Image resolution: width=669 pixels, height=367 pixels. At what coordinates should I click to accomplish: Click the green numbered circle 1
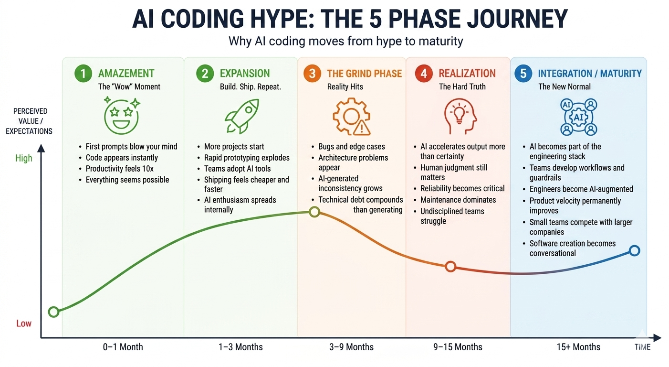pyautogui.click(x=84, y=73)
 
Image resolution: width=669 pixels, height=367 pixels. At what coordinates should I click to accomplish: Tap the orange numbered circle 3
pyautogui.click(x=312, y=73)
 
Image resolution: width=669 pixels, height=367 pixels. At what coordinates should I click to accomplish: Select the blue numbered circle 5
pyautogui.click(x=523, y=73)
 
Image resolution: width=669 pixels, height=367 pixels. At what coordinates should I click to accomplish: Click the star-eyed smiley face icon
pyautogui.click(x=122, y=116)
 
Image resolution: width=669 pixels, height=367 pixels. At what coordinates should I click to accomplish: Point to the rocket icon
pyautogui.click(x=242, y=116)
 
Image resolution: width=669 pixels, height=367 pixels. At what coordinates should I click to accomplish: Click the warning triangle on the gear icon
pyautogui.click(x=362, y=128)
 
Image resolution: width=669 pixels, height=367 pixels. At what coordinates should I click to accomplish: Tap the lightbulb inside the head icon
pyautogui.click(x=459, y=114)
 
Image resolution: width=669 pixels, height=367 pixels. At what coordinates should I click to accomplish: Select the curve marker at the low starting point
pyautogui.click(x=54, y=312)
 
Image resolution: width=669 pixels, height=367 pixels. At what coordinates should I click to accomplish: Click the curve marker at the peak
pyautogui.click(x=314, y=212)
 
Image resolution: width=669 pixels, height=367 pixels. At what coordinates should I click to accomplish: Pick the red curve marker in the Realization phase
pyautogui.click(x=450, y=266)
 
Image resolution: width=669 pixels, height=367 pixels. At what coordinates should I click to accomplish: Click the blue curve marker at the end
pyautogui.click(x=635, y=250)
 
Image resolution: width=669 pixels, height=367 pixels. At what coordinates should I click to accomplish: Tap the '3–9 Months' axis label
pyautogui.click(x=351, y=347)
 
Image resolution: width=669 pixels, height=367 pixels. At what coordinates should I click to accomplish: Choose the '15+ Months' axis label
pyautogui.click(x=578, y=347)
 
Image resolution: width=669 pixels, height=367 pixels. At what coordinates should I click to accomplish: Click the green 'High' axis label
pyautogui.click(x=23, y=158)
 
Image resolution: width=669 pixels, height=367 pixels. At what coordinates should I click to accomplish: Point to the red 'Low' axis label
pyautogui.click(x=23, y=324)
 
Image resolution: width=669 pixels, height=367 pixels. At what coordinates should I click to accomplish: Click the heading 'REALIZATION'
pyautogui.click(x=467, y=73)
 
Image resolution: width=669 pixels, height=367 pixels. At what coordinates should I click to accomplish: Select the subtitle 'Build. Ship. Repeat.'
pyautogui.click(x=250, y=87)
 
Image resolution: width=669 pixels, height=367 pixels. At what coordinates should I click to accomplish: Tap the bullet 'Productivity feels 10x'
pyautogui.click(x=119, y=169)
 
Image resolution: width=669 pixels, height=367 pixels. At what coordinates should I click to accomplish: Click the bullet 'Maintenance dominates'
pyautogui.click(x=458, y=200)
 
